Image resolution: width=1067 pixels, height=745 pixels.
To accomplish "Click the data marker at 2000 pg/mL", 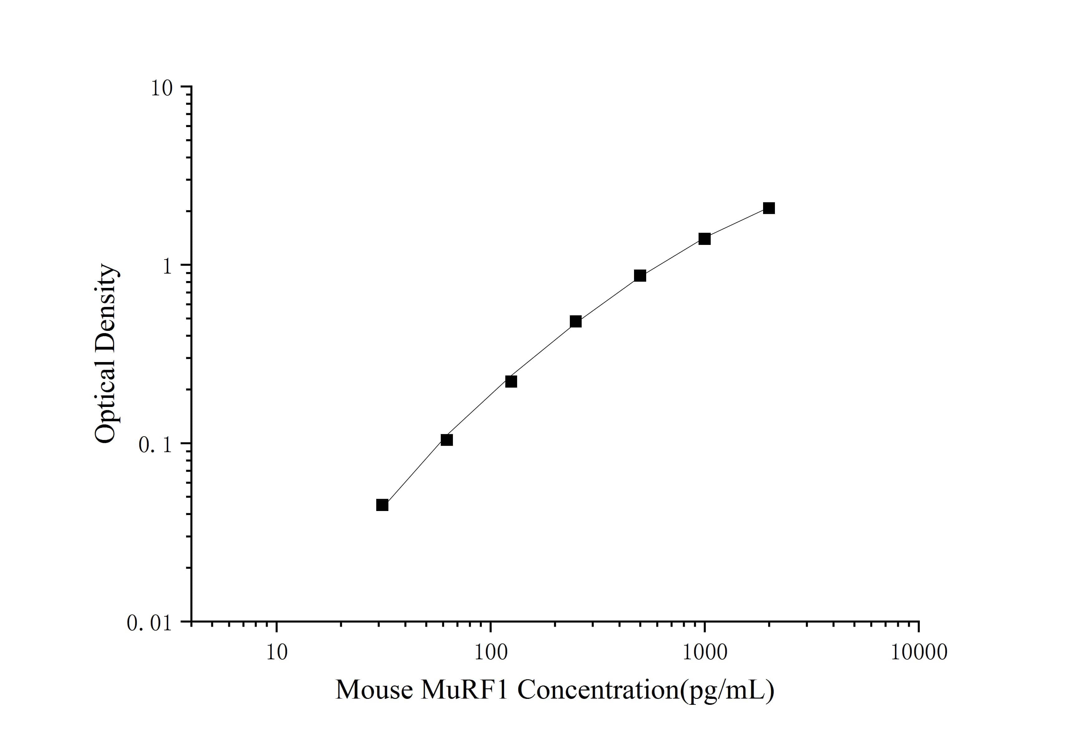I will pyautogui.click(x=769, y=208).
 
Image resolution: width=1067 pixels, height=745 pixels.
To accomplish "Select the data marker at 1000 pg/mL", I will pyautogui.click(x=704, y=239).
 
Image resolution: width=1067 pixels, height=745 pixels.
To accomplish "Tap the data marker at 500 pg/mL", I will pyautogui.click(x=640, y=275).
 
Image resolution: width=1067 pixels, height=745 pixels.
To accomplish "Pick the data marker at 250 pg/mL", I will pyautogui.click(x=575, y=322).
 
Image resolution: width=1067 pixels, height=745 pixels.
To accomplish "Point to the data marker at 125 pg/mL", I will pyautogui.click(x=511, y=381).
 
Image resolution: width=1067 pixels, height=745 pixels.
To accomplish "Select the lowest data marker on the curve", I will pyautogui.click(x=382, y=505).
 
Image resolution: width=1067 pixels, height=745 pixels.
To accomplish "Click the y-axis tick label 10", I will pyautogui.click(x=161, y=88).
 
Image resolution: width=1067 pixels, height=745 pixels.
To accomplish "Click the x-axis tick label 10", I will pyautogui.click(x=276, y=652).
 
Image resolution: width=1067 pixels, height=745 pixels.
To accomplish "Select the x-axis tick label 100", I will pyautogui.click(x=490, y=652).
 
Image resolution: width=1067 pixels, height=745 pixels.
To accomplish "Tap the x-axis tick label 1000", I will pyautogui.click(x=704, y=652).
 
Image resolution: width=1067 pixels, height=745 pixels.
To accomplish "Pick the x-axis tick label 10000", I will pyautogui.click(x=918, y=652).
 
